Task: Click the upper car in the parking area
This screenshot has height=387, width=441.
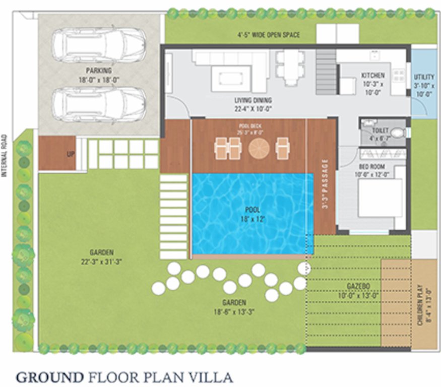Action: pyautogui.click(x=99, y=45)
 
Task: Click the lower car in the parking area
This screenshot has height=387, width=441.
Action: pyautogui.click(x=99, y=105)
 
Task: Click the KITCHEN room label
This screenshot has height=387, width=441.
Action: pyautogui.click(x=373, y=80)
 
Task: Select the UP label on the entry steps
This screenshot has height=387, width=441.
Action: pyautogui.click(x=71, y=153)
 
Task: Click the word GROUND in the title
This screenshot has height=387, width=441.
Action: pyautogui.click(x=49, y=377)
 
